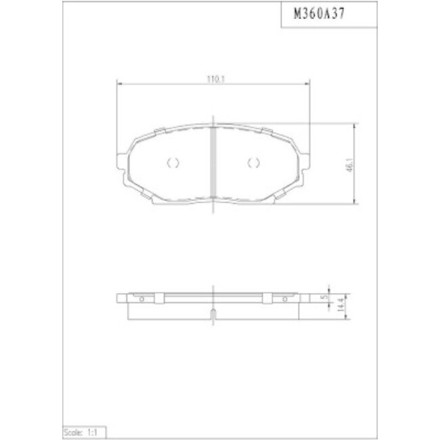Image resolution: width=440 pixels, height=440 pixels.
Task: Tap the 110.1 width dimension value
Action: [x=215, y=79]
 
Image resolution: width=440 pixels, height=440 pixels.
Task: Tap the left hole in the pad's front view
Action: [x=172, y=162]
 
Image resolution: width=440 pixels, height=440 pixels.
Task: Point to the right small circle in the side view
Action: [x=286, y=299]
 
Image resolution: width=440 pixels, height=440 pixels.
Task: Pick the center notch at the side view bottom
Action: [x=214, y=313]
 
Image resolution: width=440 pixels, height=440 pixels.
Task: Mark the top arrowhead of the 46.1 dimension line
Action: [x=356, y=127]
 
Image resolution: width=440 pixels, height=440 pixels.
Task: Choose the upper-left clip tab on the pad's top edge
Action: [x=160, y=131]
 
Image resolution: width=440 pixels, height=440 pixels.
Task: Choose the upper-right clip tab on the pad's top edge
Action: [x=267, y=131]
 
